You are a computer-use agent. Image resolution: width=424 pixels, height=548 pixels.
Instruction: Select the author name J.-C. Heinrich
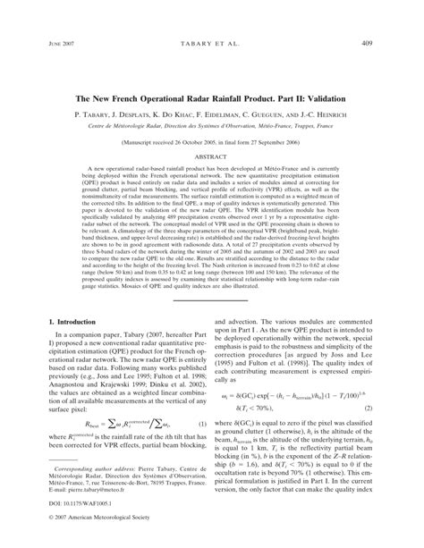pyautogui.click(x=316, y=115)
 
